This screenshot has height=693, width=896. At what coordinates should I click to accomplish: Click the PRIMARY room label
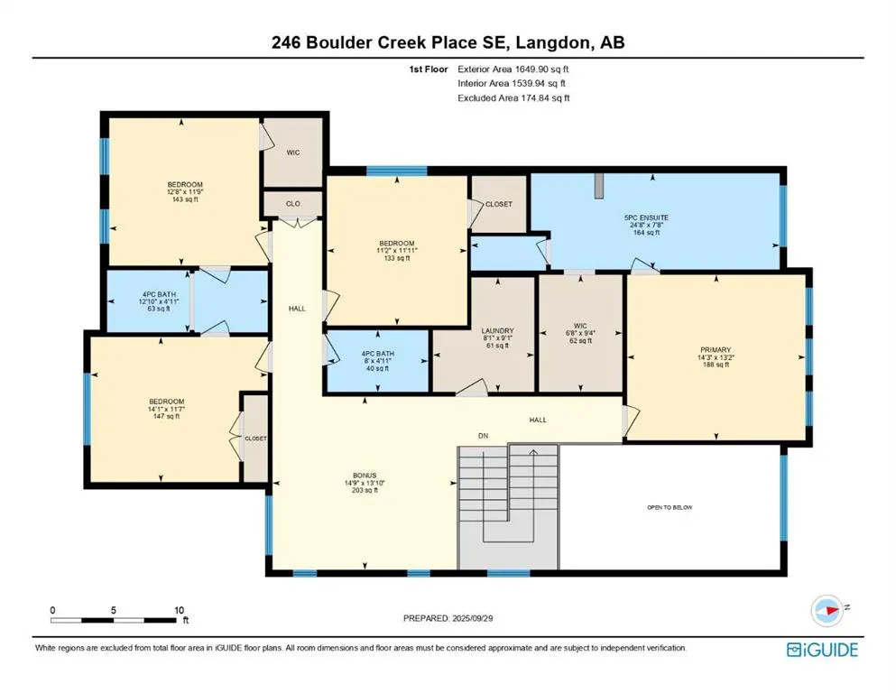pos(716,349)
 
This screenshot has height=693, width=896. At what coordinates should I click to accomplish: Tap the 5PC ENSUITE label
pos(646,217)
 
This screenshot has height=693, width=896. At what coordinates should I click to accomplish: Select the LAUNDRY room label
pos(497,331)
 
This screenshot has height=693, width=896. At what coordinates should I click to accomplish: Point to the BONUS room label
pos(365,476)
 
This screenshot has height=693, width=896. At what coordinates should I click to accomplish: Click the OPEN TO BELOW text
pos(670,507)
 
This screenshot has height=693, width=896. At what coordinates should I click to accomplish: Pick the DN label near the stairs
pos(484,436)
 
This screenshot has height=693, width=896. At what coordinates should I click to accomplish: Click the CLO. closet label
pos(294,204)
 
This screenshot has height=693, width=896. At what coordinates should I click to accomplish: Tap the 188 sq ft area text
pos(716,365)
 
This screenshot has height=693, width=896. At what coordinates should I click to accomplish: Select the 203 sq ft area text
pos(365,490)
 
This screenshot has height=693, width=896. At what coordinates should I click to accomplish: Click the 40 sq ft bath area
pos(378,368)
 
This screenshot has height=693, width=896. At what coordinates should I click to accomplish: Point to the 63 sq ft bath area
pos(159,310)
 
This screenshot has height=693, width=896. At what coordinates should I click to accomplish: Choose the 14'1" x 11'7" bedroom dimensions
pos(166,409)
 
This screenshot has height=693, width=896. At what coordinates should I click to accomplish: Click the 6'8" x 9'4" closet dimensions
pos(580,333)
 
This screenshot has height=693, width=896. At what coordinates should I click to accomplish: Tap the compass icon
pos(827,610)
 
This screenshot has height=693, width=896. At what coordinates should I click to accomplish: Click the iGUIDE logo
pos(822,650)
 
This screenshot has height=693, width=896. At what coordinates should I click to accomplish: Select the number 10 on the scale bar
pos(180,610)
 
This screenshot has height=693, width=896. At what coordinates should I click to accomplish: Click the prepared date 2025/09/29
pos(472,618)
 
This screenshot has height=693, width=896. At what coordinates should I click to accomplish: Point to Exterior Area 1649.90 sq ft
pos(513,69)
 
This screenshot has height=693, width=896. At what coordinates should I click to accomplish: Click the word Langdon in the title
pos(553,42)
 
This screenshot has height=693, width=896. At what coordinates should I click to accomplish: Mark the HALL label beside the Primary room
pos(538,420)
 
